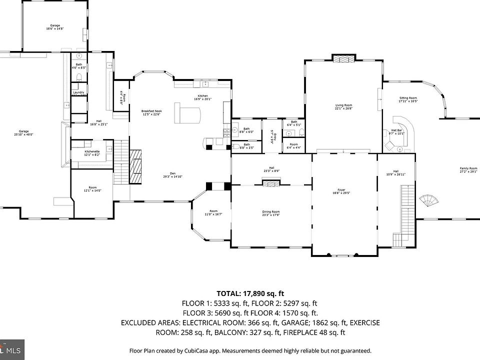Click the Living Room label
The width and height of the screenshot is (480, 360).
click(x=343, y=106)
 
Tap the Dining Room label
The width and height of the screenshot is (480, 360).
click(x=271, y=213)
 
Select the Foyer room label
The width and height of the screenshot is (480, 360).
click(x=341, y=191)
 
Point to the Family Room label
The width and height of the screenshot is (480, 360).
click(x=468, y=170)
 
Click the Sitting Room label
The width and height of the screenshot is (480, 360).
click(x=407, y=99)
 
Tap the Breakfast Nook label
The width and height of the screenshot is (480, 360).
click(x=151, y=112)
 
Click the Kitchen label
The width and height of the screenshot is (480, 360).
click(x=202, y=97)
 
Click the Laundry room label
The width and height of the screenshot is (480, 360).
click(x=78, y=92)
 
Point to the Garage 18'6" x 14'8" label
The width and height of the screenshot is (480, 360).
click(x=55, y=27)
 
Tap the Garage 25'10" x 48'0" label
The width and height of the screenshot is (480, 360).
click(x=24, y=133)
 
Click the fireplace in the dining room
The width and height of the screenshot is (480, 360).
click(x=270, y=184)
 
